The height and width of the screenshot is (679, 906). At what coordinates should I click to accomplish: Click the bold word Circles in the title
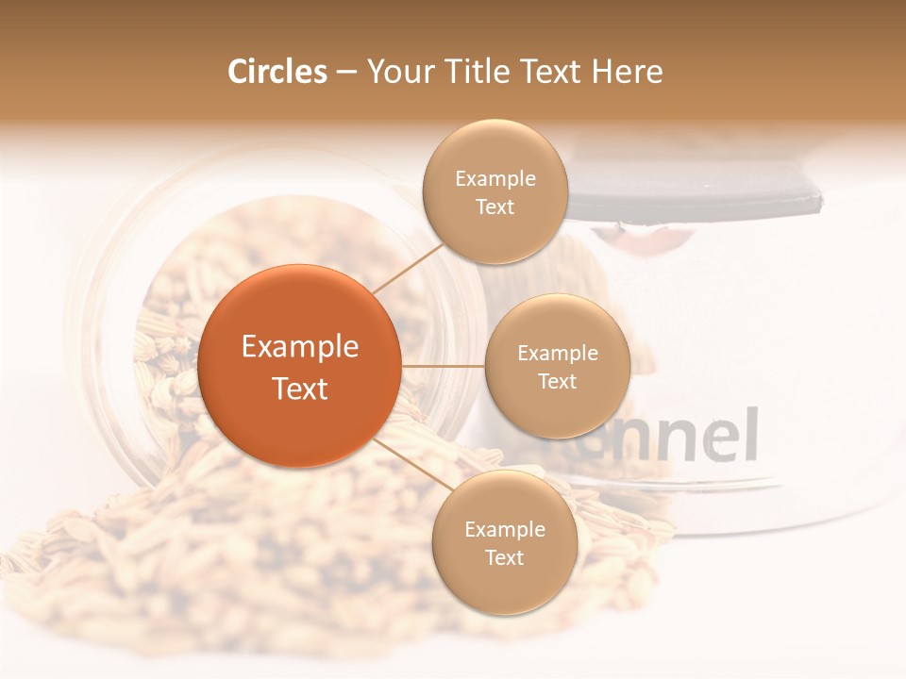point(277,72)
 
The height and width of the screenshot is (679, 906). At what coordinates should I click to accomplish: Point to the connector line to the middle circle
point(443,365)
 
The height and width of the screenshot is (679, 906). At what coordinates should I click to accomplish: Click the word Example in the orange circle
point(300,347)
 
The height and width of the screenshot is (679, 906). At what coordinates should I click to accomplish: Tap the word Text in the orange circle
point(300,389)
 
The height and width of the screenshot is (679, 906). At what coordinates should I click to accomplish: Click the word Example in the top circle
point(495,179)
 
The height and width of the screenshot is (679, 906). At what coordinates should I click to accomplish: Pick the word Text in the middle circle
point(557,381)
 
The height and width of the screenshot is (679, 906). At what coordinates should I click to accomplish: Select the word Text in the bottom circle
point(504,557)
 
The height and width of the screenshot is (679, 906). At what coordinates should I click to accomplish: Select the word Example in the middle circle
point(557,354)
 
